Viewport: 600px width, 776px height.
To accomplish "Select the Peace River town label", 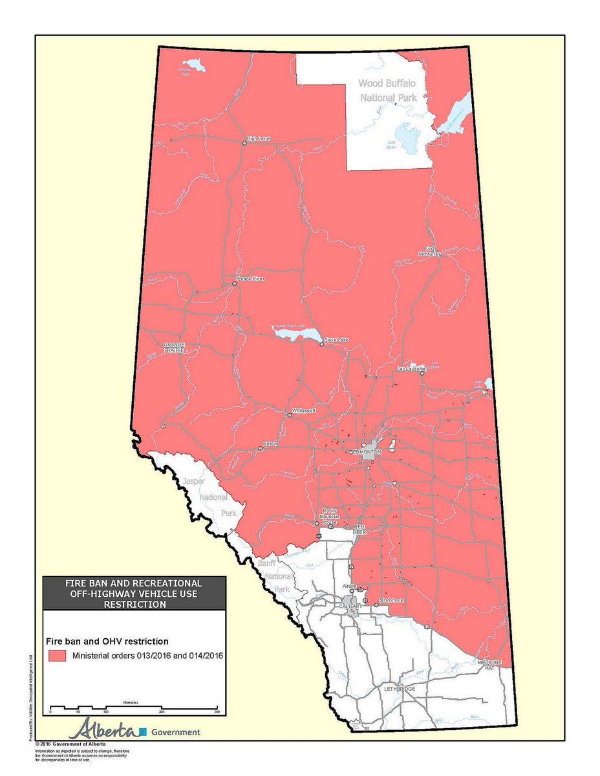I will pyautogui.click(x=251, y=279).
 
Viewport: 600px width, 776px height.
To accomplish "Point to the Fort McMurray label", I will pyautogui.click(x=432, y=251).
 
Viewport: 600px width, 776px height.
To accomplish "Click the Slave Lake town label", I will pyautogui.click(x=336, y=339).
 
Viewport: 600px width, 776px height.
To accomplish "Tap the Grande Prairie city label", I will pyautogui.click(x=174, y=347).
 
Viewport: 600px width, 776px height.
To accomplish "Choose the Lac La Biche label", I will pyautogui.click(x=411, y=369).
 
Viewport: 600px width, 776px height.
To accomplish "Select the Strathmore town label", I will pyautogui.click(x=391, y=600).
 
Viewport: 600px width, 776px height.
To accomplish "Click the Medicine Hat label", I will pyautogui.click(x=489, y=666).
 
